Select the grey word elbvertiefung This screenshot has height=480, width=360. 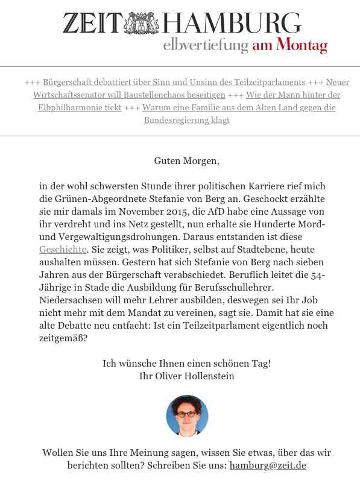[206, 45]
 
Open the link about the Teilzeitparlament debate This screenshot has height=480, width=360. [174, 82]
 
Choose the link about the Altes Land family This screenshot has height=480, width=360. [239, 108]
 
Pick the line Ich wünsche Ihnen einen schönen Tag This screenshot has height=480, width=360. [186, 364]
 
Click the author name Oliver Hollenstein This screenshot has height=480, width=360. [197, 376]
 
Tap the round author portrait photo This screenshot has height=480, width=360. [187, 416]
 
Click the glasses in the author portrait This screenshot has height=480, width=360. [187, 414]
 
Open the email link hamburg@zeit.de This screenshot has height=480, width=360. [268, 466]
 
